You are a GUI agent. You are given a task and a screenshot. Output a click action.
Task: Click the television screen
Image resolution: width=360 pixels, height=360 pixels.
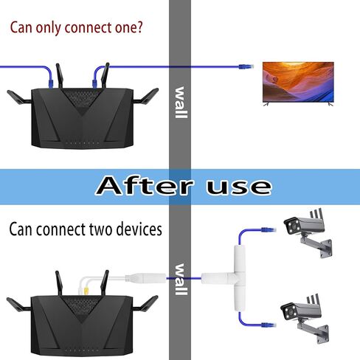pyautogui.click(x=298, y=82)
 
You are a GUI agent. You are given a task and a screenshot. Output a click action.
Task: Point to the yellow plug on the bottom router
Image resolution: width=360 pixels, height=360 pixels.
pyautogui.click(x=86, y=291)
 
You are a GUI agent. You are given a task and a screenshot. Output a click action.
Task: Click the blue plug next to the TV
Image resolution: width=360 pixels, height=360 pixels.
pyautogui.click(x=246, y=66)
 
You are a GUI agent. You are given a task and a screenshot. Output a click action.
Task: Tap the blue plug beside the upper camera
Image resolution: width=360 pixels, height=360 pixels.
pyautogui.click(x=269, y=230)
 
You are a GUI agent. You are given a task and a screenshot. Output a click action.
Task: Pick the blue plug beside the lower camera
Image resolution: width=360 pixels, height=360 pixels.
pyautogui.click(x=269, y=325)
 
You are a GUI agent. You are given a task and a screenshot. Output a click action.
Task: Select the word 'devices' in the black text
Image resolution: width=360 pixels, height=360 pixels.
pyautogui.click(x=139, y=229)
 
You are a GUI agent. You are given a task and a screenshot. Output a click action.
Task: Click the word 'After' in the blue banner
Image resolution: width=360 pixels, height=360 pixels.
pyautogui.click(x=145, y=186)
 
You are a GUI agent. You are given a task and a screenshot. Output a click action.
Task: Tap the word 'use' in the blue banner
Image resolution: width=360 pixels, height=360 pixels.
pyautogui.click(x=239, y=187)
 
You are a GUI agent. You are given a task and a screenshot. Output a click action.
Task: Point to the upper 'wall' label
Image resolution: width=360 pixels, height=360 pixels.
pyautogui.click(x=181, y=103)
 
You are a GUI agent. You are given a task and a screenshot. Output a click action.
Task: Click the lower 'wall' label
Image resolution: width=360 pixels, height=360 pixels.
pyautogui.click(x=181, y=280)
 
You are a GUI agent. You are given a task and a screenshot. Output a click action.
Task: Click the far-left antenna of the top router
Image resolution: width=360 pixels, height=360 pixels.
pyautogui.click(x=19, y=97)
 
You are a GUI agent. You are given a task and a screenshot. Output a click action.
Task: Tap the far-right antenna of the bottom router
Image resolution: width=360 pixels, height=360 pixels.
pyautogui.click(x=145, y=303)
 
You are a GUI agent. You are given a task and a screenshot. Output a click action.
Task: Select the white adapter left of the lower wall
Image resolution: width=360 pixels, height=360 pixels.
pyautogui.click(x=145, y=278)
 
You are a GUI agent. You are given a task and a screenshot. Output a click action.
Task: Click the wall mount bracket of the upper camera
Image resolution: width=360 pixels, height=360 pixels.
pyautogui.click(x=318, y=246)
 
